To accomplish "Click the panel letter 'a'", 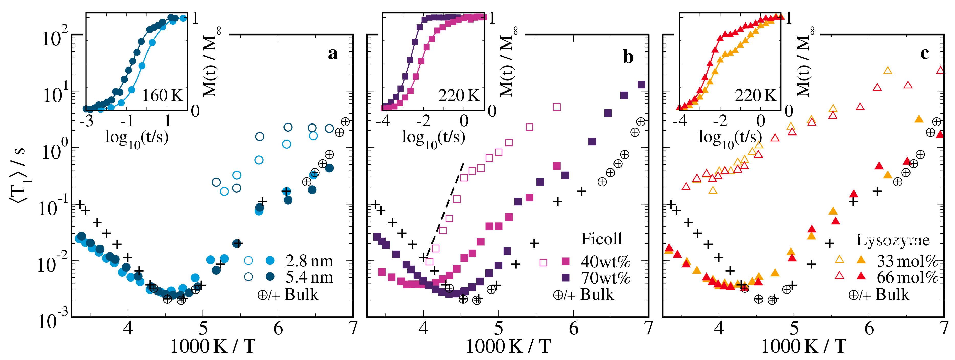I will [333, 53].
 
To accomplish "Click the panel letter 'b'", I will [628, 57].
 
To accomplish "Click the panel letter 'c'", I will [924, 53].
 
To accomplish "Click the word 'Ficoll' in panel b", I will [601, 239].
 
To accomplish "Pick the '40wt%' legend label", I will [605, 262].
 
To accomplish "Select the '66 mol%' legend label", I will [907, 277].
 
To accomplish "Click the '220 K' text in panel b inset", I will [459, 96].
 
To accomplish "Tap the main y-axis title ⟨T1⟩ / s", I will [19, 174].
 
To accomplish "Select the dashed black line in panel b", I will [445, 209].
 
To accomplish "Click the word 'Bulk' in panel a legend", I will [301, 295].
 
